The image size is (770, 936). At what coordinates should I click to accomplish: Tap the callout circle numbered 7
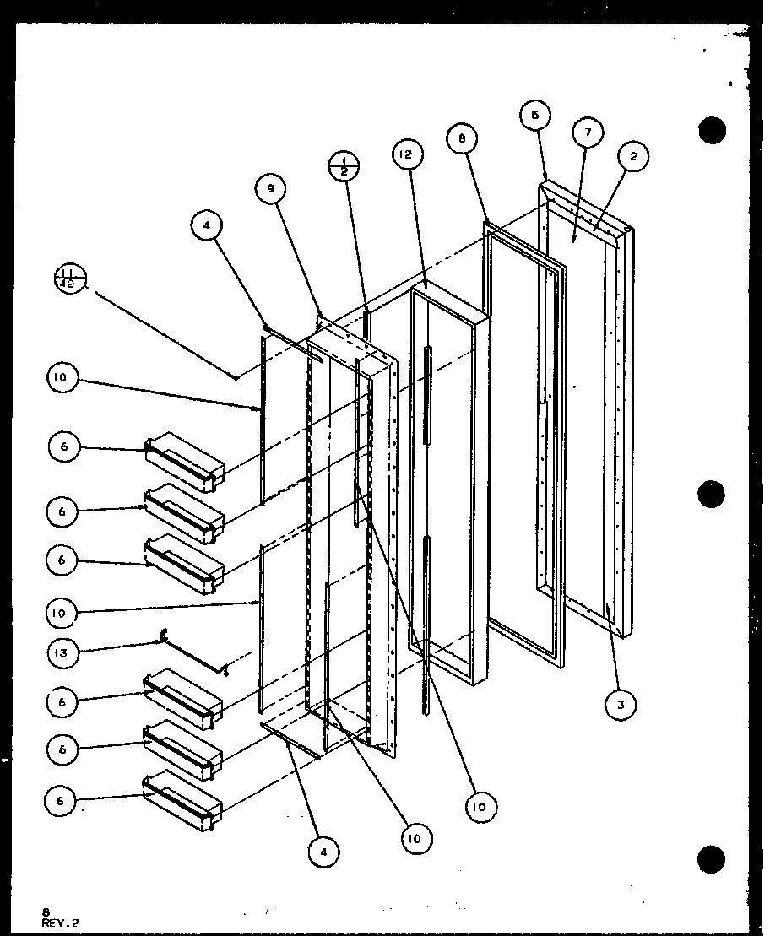[x=588, y=133]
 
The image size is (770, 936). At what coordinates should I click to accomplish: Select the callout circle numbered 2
[x=633, y=155]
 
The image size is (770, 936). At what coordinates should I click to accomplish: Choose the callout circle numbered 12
[x=404, y=154]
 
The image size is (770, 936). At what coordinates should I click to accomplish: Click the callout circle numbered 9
[x=271, y=190]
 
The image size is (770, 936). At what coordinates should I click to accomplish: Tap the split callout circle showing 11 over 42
[x=71, y=279]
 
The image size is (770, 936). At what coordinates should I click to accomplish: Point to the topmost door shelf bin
[x=185, y=462]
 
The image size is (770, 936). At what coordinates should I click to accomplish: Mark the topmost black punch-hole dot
[x=712, y=131]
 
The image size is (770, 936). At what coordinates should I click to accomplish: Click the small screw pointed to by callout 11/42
[x=237, y=377]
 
